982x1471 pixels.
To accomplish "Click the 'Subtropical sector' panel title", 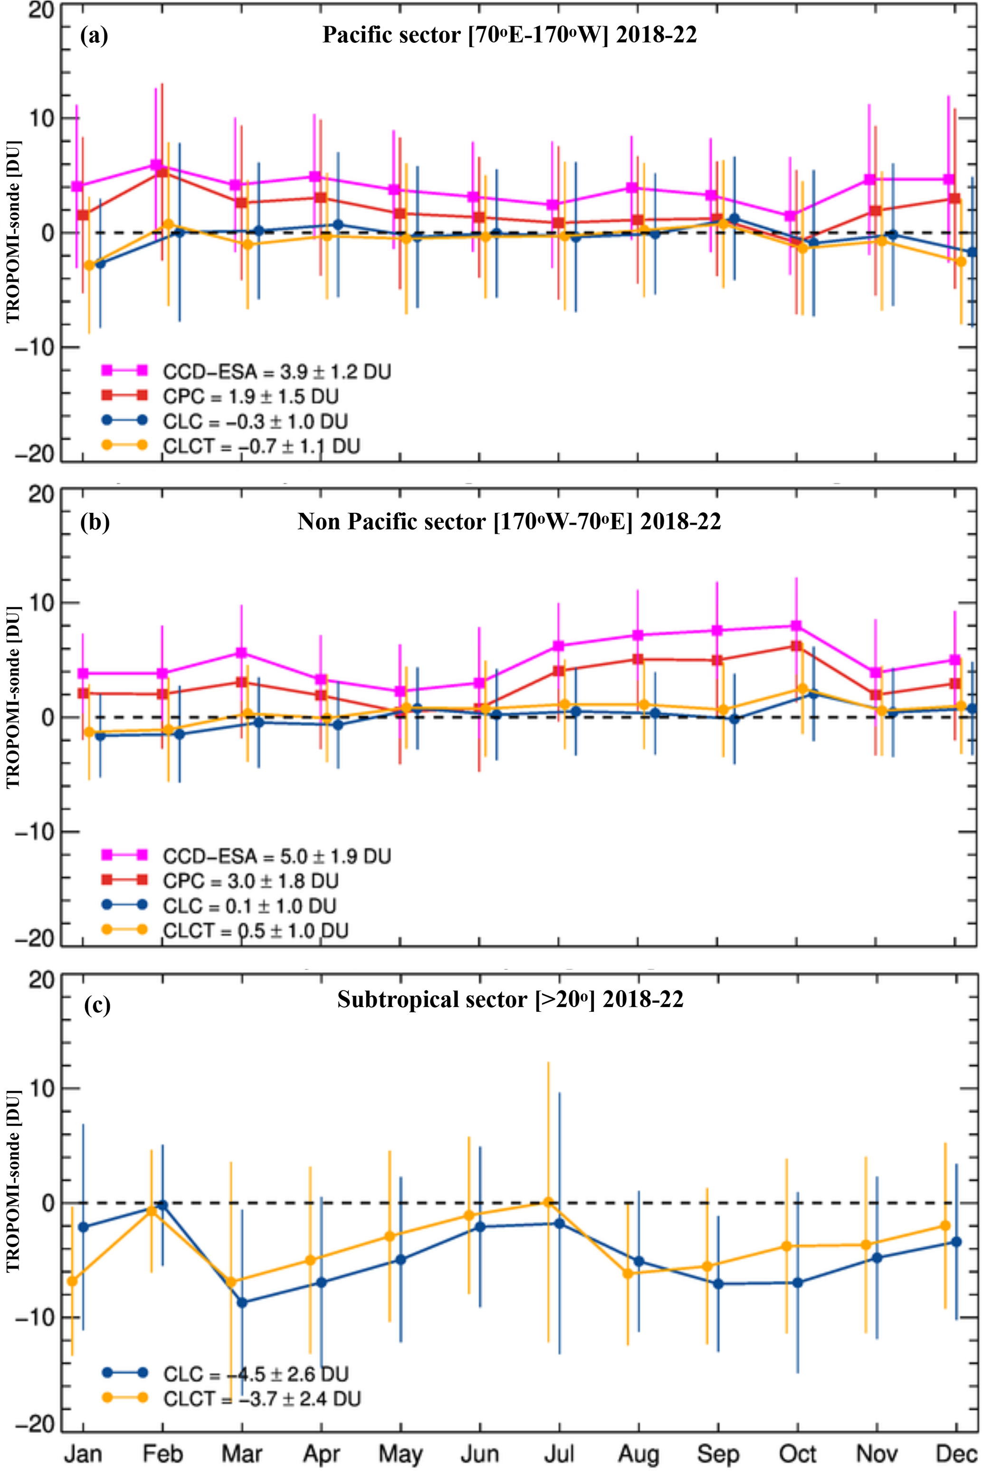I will tap(510, 999).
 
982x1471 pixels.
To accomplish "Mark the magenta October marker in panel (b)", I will tap(796, 626).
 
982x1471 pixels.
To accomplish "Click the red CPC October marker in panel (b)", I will tap(796, 646).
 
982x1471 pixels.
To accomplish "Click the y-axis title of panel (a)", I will tap(14, 232).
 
